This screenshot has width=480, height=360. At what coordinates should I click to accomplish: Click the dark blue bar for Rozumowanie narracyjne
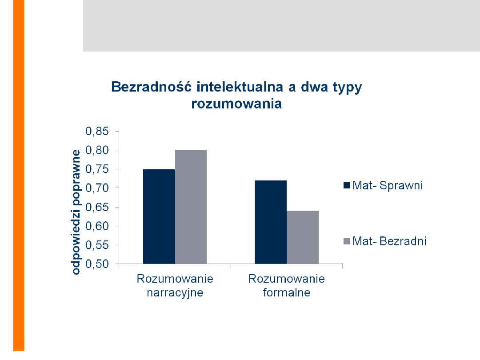[159, 216]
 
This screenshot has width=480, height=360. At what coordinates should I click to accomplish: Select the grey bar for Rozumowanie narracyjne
[191, 207]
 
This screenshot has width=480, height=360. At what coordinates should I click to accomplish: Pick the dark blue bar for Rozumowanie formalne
[270, 222]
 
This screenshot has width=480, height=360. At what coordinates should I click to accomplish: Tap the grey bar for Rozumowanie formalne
[303, 237]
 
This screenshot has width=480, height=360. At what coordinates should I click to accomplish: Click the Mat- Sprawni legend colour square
[347, 185]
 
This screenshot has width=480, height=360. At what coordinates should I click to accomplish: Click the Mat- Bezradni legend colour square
[347, 241]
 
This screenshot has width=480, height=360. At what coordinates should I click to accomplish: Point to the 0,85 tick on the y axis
[96, 132]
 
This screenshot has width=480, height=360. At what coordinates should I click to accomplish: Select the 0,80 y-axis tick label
[96, 150]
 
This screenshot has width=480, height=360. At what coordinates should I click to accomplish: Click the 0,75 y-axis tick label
[96, 169]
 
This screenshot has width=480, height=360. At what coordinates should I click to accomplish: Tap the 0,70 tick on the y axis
[96, 188]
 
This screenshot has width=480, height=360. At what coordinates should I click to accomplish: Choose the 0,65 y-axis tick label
[96, 207]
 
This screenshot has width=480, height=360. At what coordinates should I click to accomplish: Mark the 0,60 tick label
[96, 226]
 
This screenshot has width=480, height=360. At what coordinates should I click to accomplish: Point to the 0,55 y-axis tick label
[96, 245]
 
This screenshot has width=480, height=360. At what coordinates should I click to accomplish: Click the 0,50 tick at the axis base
[96, 264]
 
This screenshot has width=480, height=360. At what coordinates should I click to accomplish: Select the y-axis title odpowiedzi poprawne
[76, 212]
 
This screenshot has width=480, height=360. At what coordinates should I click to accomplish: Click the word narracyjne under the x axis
[175, 293]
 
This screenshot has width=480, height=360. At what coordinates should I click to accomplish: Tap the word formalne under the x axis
[287, 293]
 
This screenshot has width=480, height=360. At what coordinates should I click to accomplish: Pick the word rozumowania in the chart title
[236, 104]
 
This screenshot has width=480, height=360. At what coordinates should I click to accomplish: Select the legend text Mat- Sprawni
[388, 185]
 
